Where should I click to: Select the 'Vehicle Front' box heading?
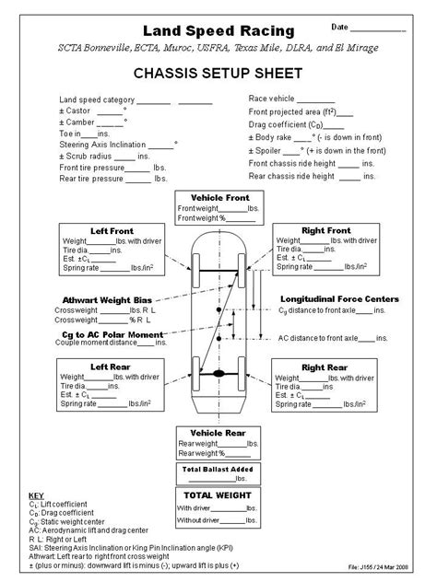[219, 198]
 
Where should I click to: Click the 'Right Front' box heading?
[325, 230]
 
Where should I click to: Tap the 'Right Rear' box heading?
[325, 365]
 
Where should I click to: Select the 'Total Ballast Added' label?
[219, 468]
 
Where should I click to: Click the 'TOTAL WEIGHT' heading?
[219, 495]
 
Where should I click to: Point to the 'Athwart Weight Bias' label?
[107, 300]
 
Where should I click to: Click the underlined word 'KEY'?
[37, 495]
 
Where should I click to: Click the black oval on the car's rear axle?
[219, 374]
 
